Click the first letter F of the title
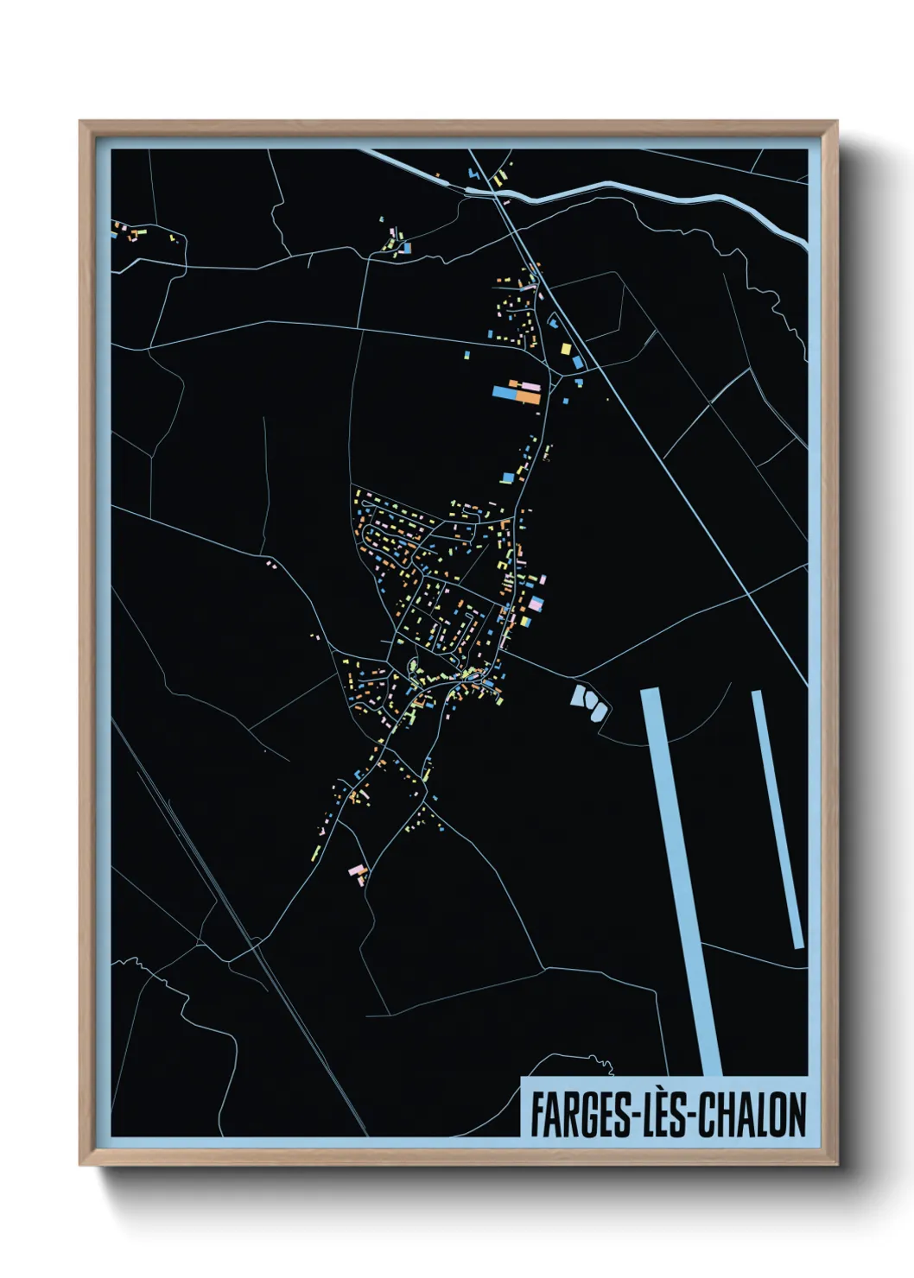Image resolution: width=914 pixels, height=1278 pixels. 536,1115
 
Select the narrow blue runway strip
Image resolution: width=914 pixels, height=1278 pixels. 778,820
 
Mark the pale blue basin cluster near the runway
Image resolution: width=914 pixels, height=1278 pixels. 590,701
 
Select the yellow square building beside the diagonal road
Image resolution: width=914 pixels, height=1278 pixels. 567,349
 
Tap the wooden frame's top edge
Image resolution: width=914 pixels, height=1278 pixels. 458,126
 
